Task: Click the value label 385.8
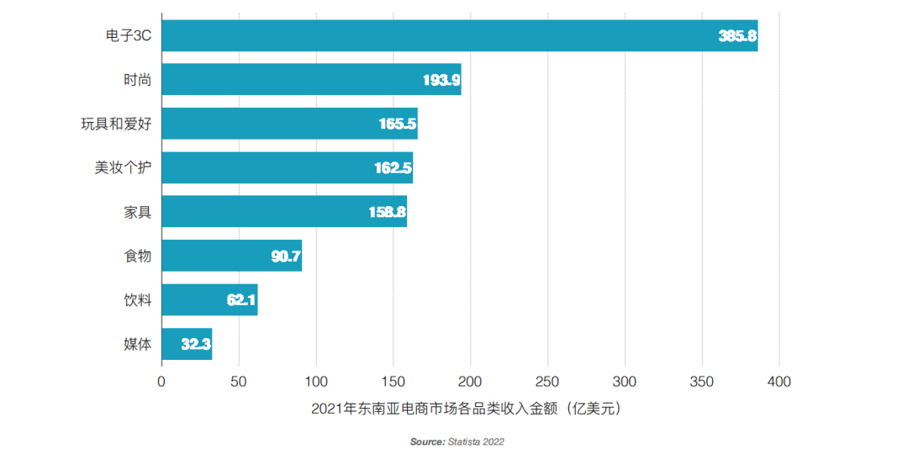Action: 737,36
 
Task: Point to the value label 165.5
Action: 398,124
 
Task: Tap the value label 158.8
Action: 388,212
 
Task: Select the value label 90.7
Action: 286,256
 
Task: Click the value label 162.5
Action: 393,168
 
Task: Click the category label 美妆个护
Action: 123,167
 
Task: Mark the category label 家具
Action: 137,212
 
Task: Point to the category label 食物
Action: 137,256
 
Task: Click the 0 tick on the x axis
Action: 161,382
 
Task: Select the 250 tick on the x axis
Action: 547,382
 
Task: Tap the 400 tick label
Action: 779,382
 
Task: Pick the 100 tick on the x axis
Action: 316,382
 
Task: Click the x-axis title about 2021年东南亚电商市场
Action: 469,409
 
